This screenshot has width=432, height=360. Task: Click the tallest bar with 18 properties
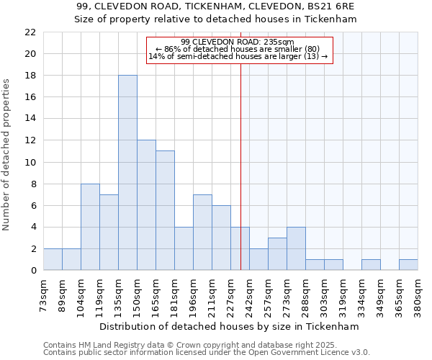127,173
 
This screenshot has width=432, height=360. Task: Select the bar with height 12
146,205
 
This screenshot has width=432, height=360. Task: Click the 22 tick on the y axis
30,32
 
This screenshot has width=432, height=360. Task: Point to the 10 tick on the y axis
30,162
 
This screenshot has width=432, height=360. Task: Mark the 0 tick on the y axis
33,271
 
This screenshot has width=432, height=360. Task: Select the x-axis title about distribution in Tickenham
230,326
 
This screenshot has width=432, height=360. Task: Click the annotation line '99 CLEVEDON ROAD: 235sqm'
238,42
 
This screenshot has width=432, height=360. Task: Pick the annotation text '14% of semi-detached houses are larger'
238,56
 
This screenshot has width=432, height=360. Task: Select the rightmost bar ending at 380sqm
408,265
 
